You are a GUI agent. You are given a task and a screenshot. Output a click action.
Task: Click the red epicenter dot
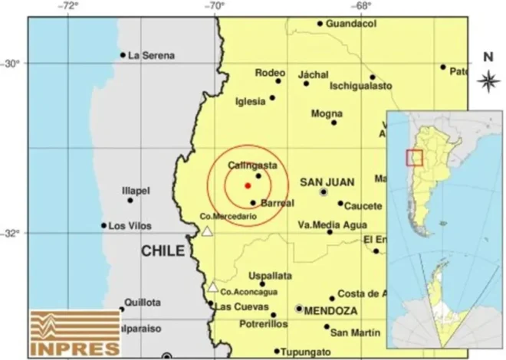pos(248,185)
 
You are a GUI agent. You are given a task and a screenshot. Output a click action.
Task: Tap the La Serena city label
pos(151,55)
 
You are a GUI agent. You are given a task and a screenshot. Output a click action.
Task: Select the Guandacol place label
pos(351,24)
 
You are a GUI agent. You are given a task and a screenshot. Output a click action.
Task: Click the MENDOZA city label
pos(331,311)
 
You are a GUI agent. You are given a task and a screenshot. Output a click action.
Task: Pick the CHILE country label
pos(162,251)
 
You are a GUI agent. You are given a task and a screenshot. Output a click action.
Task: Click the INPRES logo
pos(76,333)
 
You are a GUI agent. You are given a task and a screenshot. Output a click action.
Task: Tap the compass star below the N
pos(488,79)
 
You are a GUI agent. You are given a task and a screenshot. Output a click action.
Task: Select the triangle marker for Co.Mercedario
pos(206,231)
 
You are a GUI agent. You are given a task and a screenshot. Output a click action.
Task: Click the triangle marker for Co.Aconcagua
pos(212,287)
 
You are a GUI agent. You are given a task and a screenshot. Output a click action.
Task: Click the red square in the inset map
pos(415,157)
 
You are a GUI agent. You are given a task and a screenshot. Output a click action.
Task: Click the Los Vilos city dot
pos(103,225)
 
